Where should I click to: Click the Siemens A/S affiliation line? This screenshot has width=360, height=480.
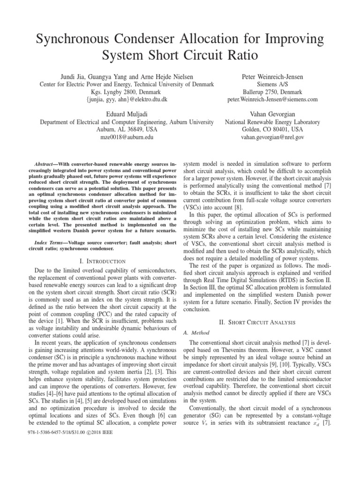(x=272, y=84)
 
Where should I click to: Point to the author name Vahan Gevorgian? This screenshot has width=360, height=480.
(x=272, y=113)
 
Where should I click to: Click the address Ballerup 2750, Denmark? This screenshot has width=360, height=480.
(x=272, y=92)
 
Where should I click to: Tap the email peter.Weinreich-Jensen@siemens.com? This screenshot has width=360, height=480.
(x=272, y=100)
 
